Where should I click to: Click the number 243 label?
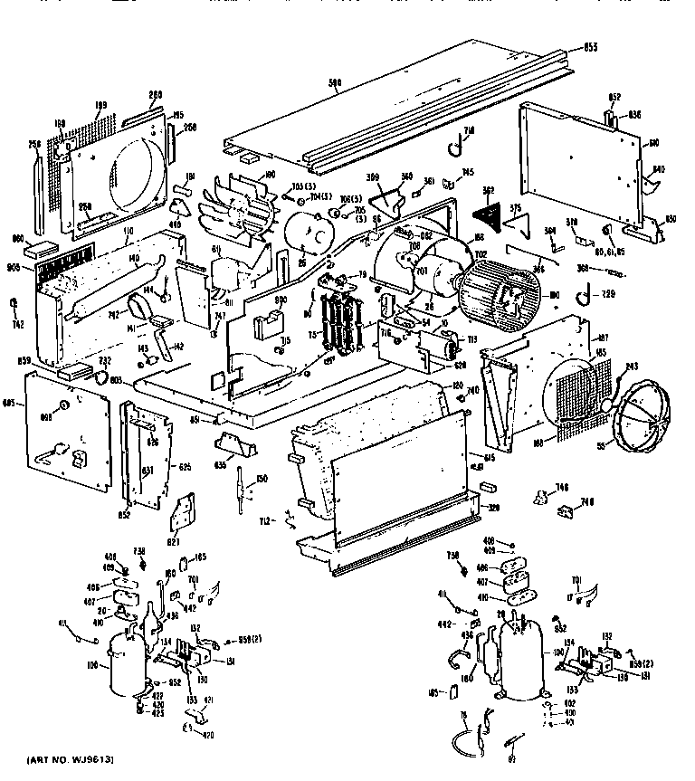[x=632, y=366]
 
